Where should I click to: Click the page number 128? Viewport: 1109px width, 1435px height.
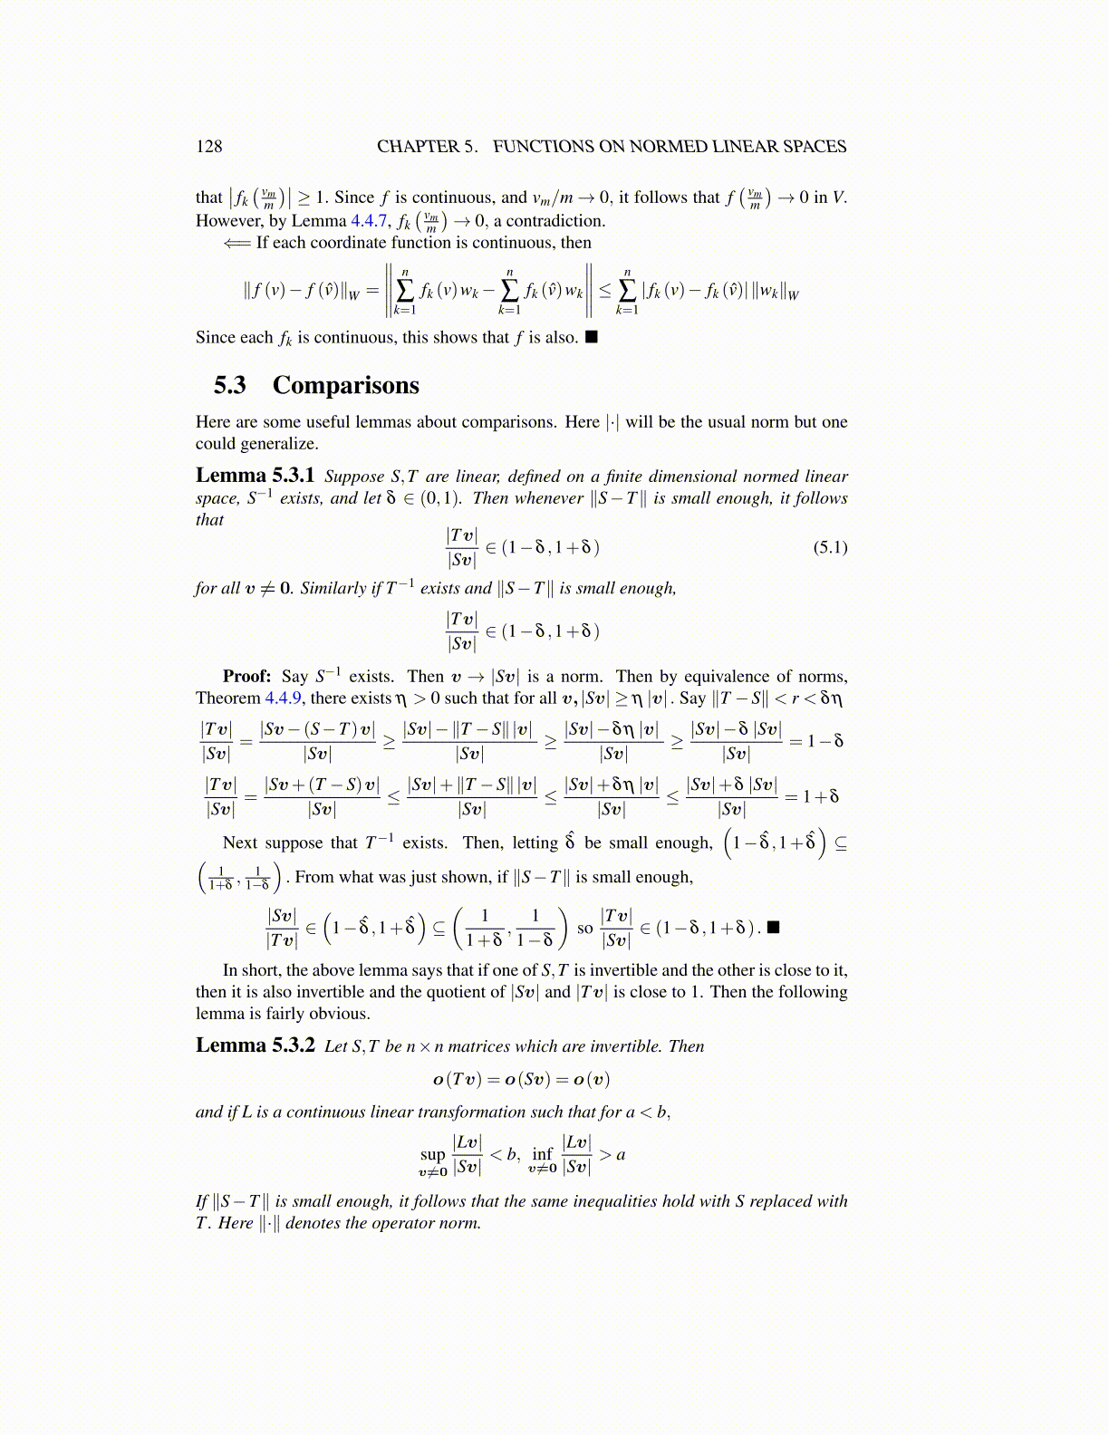(208, 147)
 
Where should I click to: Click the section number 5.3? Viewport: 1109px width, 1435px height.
(230, 386)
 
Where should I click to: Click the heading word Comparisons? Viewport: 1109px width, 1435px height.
(345, 386)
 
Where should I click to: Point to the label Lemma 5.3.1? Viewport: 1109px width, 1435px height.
(255, 477)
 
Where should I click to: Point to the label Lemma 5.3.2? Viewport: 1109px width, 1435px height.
(255, 1046)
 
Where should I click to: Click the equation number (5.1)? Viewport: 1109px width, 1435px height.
(829, 547)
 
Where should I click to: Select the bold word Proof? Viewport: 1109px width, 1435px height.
(246, 677)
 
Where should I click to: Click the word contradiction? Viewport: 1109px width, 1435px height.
(554, 221)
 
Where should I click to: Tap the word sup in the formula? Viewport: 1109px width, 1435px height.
(432, 1154)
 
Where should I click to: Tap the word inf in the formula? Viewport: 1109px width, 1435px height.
(542, 1153)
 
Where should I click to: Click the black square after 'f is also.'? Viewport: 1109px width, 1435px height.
(591, 338)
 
